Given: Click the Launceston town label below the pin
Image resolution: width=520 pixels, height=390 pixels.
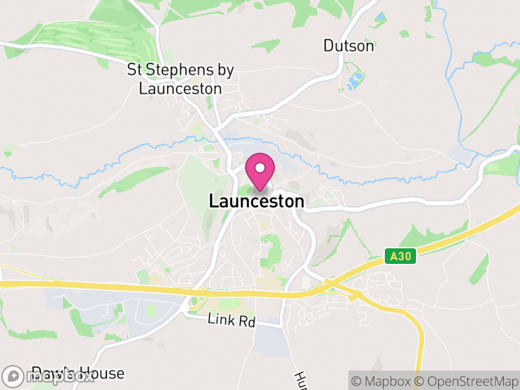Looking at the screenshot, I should (x=256, y=201).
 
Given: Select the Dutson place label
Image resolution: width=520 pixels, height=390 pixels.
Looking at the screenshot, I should (x=349, y=46).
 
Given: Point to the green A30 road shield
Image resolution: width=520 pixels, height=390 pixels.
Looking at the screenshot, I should (x=400, y=256).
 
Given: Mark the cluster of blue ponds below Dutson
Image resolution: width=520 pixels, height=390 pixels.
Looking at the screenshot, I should (x=355, y=81).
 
